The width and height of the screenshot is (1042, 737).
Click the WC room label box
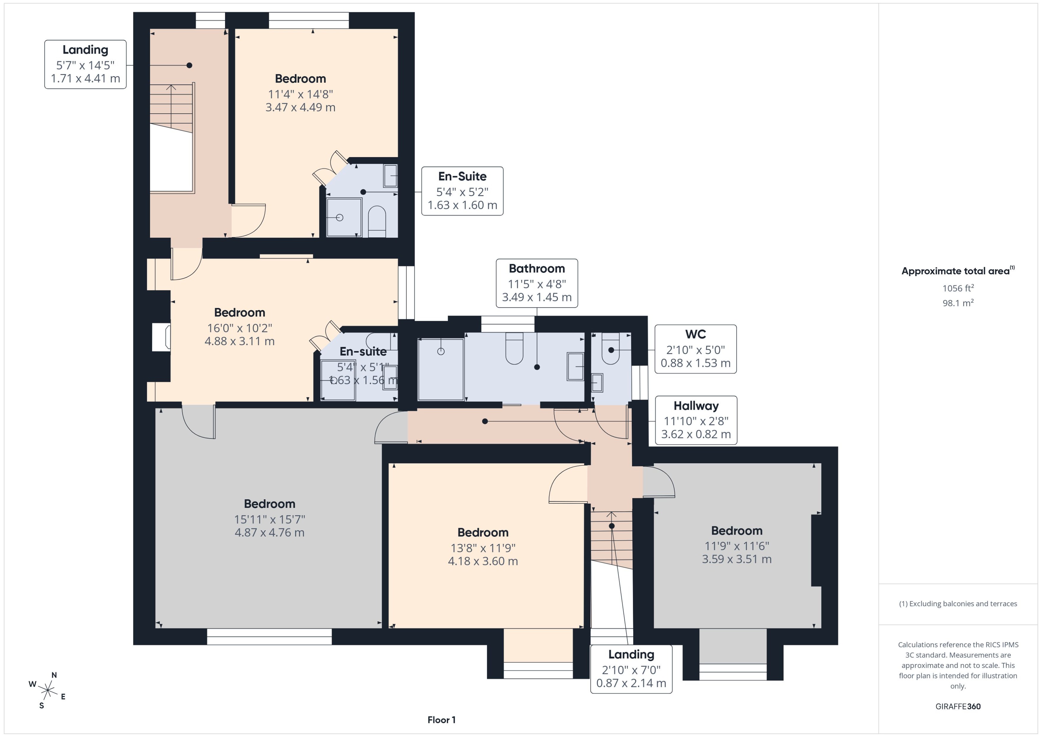(695, 349)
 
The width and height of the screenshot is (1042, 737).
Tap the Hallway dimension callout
(695, 420)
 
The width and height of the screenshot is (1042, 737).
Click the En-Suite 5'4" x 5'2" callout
(462, 191)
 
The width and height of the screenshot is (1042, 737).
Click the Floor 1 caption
(441, 720)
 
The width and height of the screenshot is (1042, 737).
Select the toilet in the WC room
(611, 348)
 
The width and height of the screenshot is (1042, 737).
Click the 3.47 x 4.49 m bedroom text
(300, 107)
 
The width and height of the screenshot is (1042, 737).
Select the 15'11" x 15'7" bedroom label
(269, 519)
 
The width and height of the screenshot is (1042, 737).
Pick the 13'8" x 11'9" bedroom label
(483, 548)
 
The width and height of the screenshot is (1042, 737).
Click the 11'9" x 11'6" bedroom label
(737, 546)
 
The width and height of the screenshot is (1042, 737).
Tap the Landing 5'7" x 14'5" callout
(85, 65)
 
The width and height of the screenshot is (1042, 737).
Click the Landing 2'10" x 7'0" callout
(631, 669)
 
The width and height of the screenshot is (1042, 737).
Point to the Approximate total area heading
(957, 271)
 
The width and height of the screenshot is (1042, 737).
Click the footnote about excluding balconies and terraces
(958, 604)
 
